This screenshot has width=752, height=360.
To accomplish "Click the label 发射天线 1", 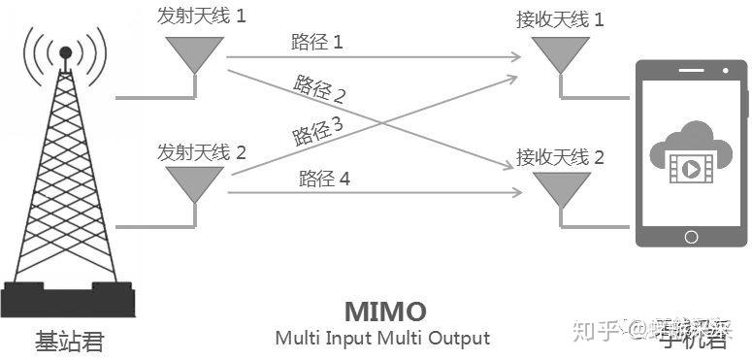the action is coord(201,16).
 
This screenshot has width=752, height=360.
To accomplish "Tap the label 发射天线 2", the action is coord(201,151).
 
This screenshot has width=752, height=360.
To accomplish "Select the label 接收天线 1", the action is coord(561,18).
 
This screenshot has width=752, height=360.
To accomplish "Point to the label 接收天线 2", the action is coord(561,156).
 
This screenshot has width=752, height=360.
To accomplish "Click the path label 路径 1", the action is coord(316,42).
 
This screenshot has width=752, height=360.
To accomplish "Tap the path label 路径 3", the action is coord(317,130).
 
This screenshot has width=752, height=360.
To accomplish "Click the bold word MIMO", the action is coord(385,311).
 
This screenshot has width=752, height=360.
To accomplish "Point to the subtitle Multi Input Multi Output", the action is coord(382,339).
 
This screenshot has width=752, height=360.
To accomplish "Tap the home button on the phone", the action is coord(691,236).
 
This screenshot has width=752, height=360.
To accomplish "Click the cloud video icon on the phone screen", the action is coord(691,155).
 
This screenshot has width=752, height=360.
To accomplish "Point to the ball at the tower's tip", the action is coord(65,50).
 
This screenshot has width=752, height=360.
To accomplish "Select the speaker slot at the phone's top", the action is coord(691,69).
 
